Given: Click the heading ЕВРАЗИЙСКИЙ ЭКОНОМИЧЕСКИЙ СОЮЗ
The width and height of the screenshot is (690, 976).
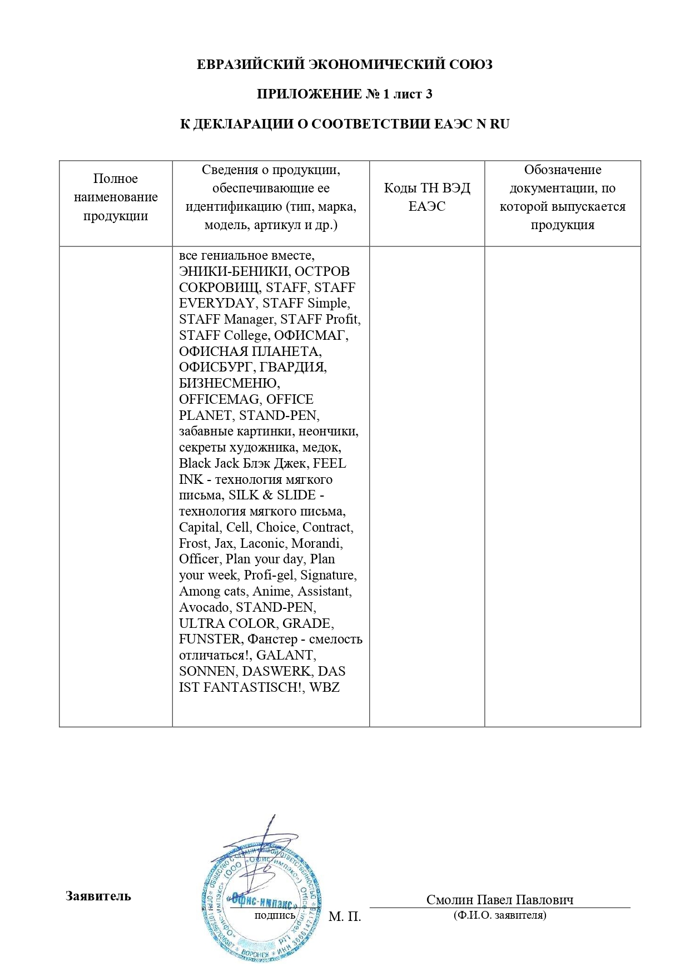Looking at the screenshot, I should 345,65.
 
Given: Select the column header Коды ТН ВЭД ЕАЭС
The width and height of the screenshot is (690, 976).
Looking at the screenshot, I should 426,197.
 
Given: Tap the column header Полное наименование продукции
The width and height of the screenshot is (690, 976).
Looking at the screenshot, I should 116,197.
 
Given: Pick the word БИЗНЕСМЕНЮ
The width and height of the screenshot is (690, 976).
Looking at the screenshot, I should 229,383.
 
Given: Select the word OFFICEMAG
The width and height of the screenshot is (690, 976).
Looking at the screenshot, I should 219,399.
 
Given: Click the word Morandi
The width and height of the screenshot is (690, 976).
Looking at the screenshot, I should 316,543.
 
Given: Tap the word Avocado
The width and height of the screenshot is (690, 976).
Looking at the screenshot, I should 204,607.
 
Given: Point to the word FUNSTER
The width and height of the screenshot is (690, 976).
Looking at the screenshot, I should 210,639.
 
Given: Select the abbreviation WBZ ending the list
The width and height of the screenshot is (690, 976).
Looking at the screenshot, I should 324,687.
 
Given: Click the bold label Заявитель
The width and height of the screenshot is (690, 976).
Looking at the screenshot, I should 98,896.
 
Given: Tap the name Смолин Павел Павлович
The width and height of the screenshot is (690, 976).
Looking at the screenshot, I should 499,899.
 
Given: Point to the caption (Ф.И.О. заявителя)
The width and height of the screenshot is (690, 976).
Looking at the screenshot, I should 499,915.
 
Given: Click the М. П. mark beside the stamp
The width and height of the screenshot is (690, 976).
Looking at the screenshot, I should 345,916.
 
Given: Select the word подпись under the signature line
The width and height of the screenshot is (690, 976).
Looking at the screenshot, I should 275,915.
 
